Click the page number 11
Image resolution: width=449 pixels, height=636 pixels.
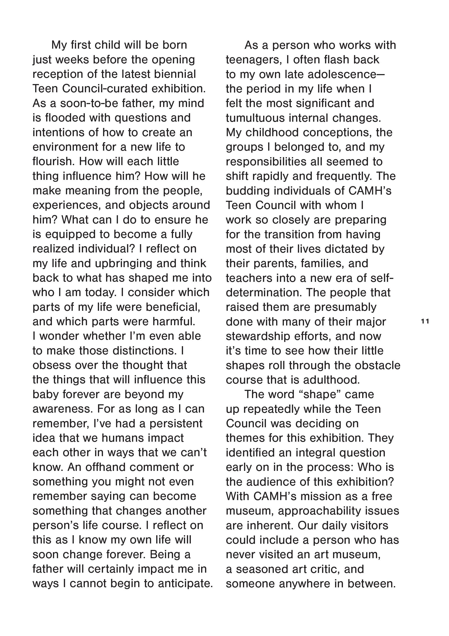click(425, 321)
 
